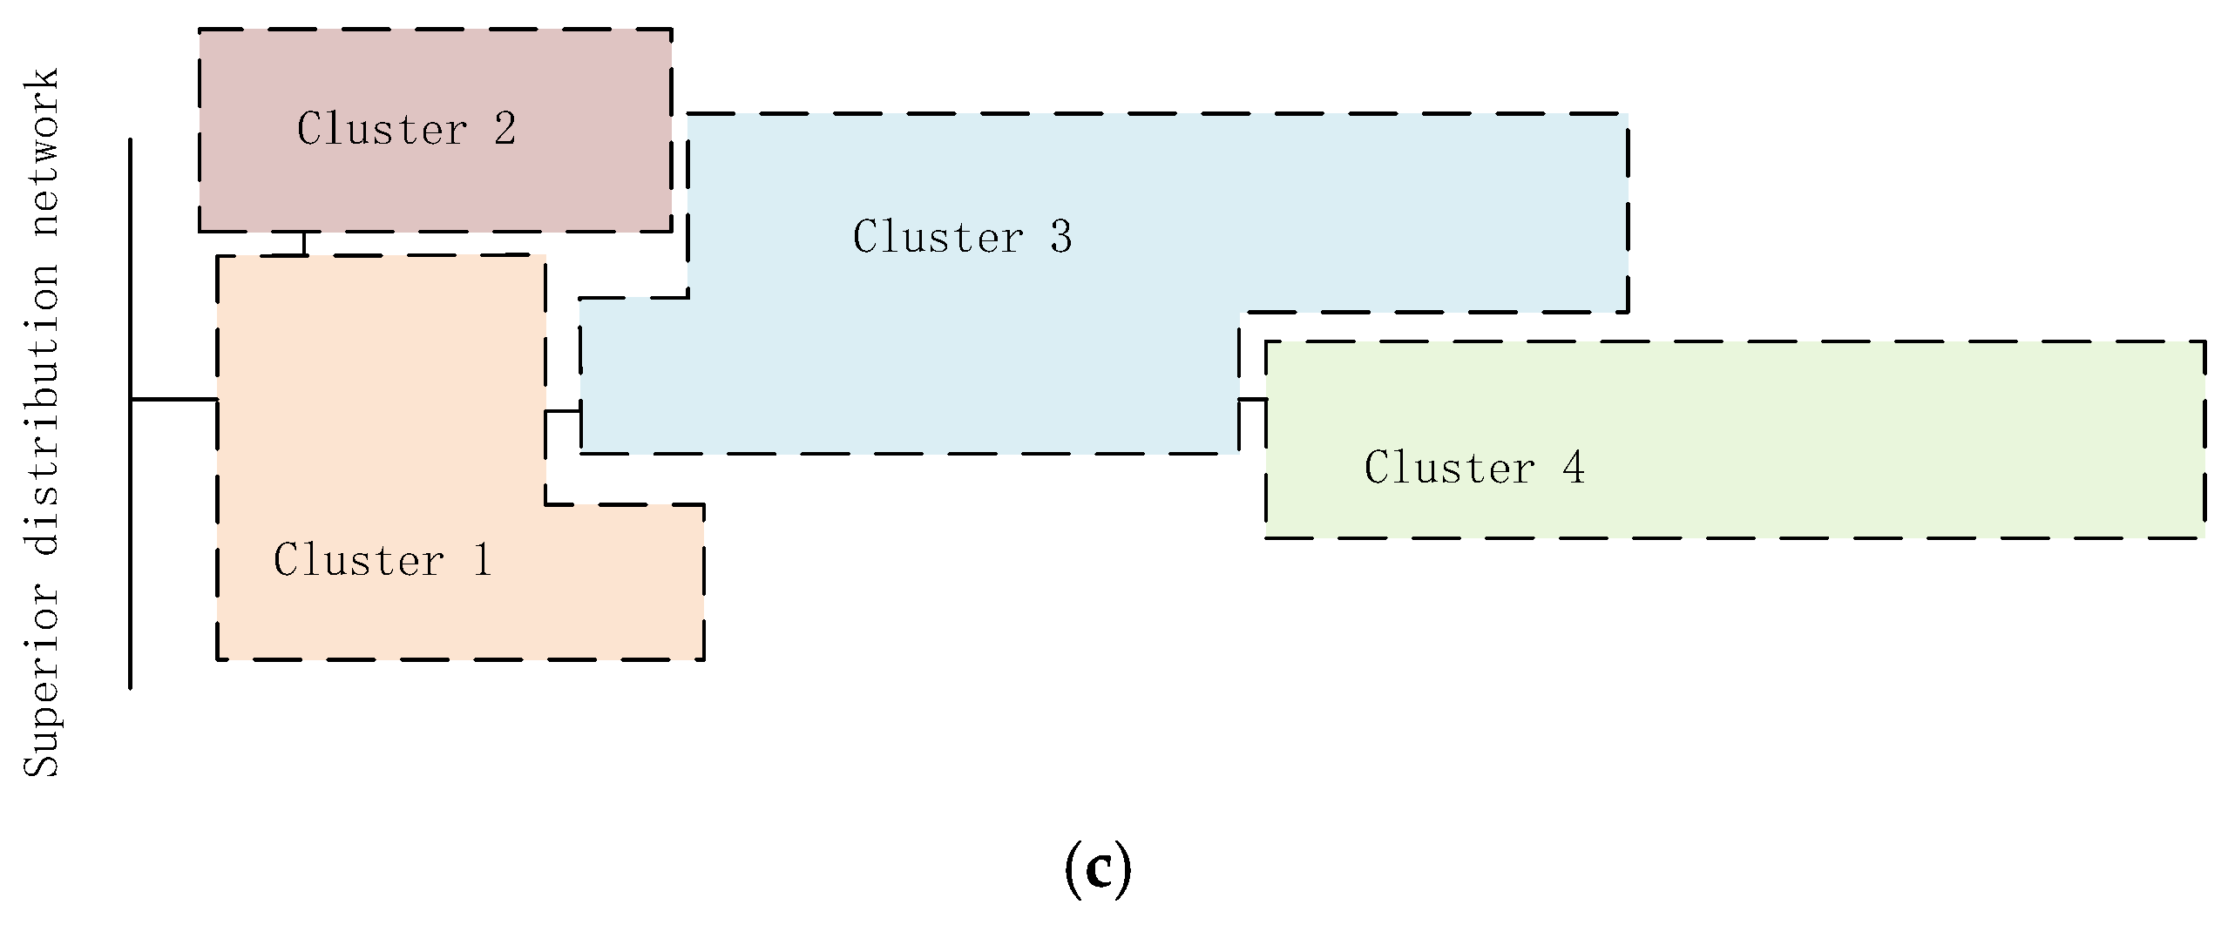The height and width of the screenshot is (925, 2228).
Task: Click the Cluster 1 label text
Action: pyautogui.click(x=383, y=560)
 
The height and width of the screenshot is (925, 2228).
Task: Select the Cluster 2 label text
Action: pyautogui.click(x=406, y=129)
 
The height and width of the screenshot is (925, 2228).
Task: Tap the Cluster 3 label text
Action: pyautogui.click(x=962, y=237)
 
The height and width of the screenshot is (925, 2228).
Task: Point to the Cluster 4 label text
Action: pyautogui.click(x=1474, y=468)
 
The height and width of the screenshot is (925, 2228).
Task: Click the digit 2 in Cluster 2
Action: pyautogui.click(x=505, y=129)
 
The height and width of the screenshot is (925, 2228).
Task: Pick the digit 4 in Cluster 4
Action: pyautogui.click(x=1574, y=468)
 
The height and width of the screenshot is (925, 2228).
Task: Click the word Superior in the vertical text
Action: pyautogui.click(x=42, y=679)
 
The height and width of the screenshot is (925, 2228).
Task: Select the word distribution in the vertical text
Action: pyautogui.click(x=42, y=409)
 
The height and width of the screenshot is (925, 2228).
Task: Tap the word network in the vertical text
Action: pyautogui.click(x=42, y=152)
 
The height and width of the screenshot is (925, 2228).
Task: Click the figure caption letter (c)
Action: pyautogui.click(x=1098, y=869)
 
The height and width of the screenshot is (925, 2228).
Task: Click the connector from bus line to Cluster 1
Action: pyautogui.click(x=173, y=400)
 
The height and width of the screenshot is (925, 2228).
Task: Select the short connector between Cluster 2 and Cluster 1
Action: pyautogui.click(x=304, y=243)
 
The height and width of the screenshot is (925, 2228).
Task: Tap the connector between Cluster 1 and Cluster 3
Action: pyautogui.click(x=562, y=411)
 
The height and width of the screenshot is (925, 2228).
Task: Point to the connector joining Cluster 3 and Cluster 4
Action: pyautogui.click(x=1252, y=400)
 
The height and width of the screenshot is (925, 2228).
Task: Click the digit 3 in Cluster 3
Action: pyautogui.click(x=1061, y=237)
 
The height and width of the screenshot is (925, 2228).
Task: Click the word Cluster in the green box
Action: pyautogui.click(x=1450, y=468)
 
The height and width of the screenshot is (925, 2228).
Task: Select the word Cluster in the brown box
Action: pyautogui.click(x=383, y=129)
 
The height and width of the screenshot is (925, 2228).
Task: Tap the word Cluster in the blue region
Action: pyautogui.click(x=938, y=237)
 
